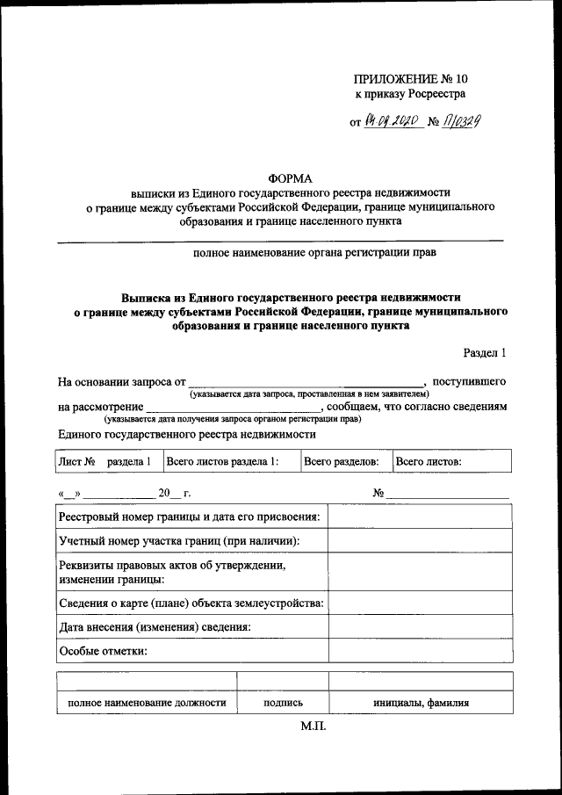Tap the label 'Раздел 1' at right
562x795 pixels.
click(x=485, y=353)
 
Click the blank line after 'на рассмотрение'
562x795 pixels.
click(x=233, y=408)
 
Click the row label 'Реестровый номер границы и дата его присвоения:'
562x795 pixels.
click(x=190, y=517)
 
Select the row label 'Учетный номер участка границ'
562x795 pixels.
click(x=179, y=540)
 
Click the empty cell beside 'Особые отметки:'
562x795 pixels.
click(x=420, y=651)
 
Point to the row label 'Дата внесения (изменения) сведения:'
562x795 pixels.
click(x=155, y=626)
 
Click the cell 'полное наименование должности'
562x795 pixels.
click(x=147, y=703)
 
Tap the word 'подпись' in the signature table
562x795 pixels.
click(x=283, y=703)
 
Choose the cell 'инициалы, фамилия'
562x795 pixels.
click(x=420, y=703)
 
